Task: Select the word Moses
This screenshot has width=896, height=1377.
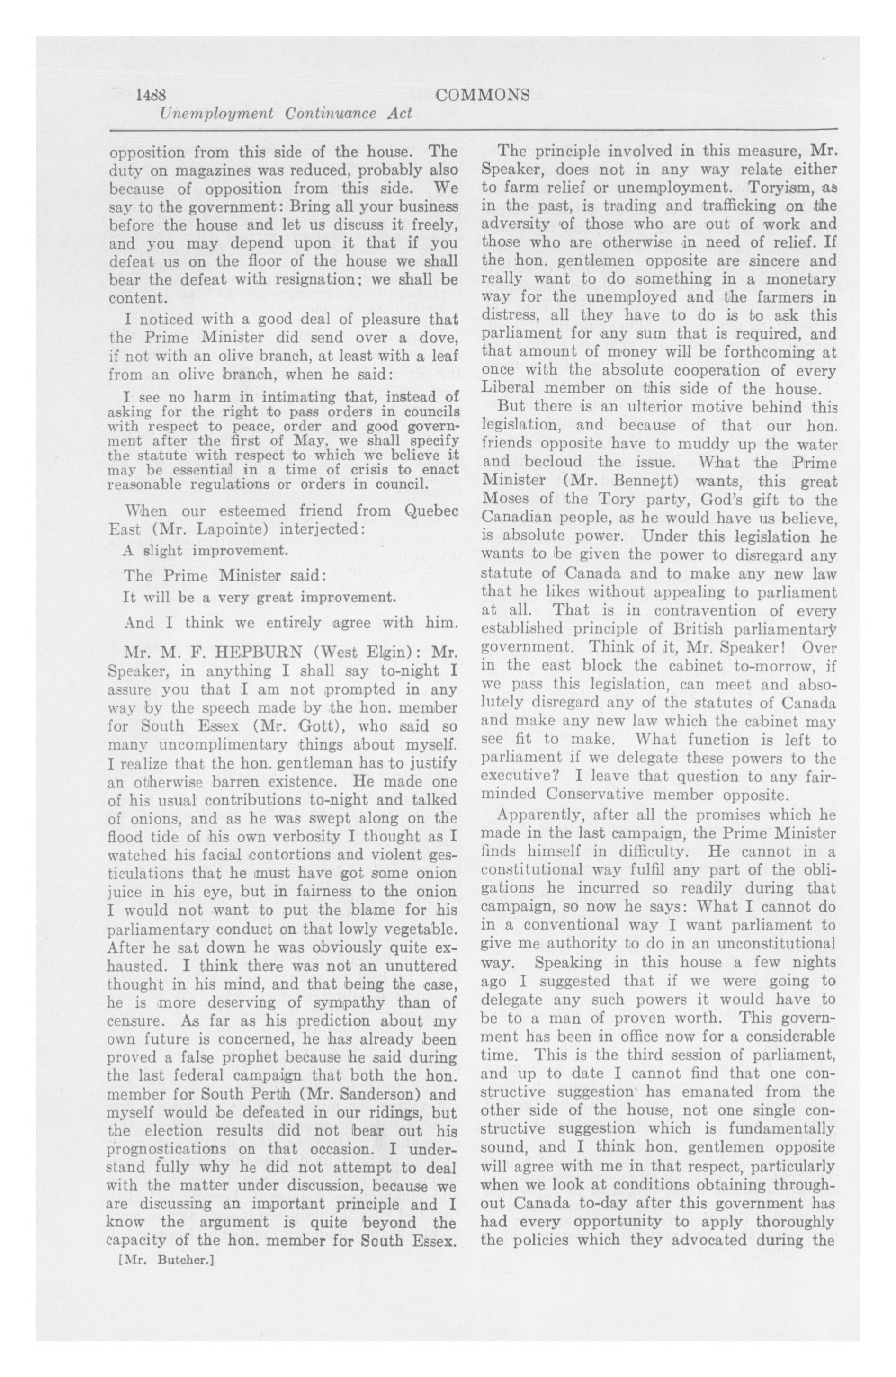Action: (x=506, y=499)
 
